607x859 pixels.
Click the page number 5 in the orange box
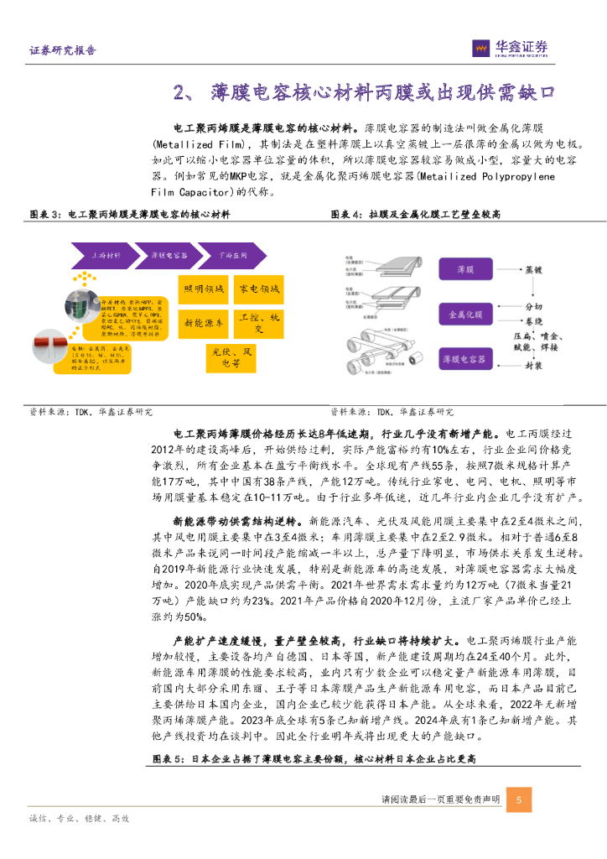click(x=519, y=799)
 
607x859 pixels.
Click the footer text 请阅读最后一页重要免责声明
click(x=440, y=799)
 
